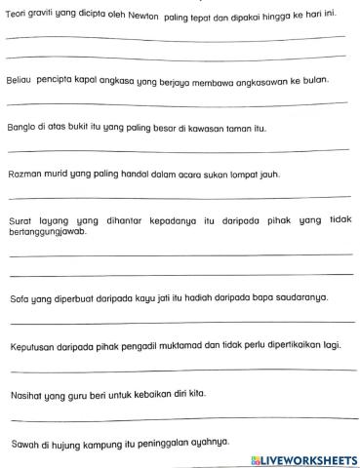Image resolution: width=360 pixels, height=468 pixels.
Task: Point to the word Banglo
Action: click(20, 128)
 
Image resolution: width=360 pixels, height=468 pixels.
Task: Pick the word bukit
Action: click(77, 128)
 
